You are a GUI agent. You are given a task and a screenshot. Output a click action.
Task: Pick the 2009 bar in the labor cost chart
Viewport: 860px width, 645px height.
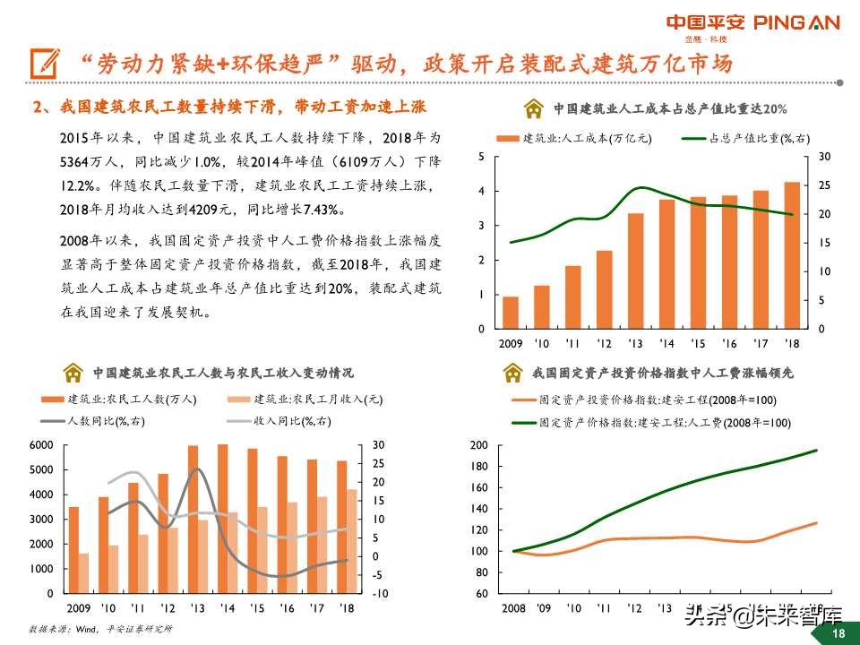[x=510, y=313]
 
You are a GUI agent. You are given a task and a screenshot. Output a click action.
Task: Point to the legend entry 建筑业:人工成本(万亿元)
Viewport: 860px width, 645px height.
[x=573, y=138]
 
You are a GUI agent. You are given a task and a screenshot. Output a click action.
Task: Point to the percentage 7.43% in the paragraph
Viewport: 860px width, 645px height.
[x=322, y=210]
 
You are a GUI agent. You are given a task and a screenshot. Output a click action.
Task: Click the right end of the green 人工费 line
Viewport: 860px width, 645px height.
[x=816, y=451]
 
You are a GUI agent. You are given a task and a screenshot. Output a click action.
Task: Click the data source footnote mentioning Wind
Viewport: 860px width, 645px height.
[x=99, y=629]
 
